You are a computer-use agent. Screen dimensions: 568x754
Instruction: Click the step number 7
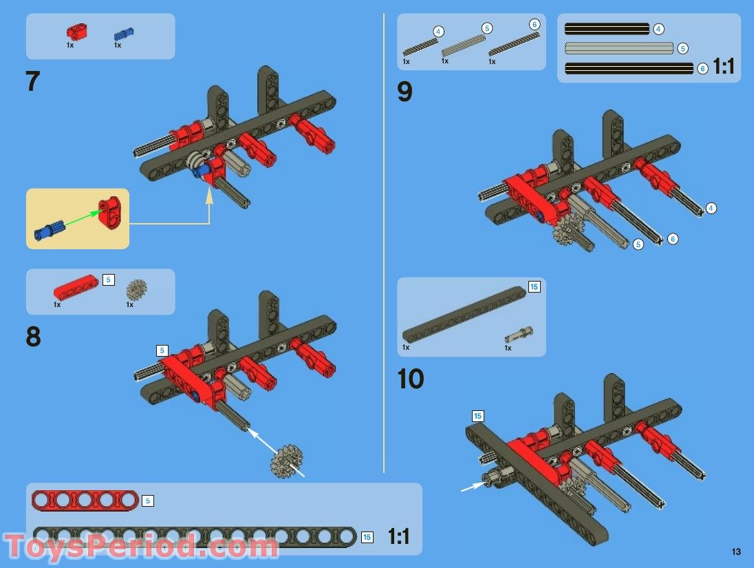pos(33,82)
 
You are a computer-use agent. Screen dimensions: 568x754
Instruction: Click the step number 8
pos(33,337)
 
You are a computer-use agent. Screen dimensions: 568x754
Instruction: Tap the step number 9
pos(405,92)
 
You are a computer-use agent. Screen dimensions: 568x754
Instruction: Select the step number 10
pos(411,379)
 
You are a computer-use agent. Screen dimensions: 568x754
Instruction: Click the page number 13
pos(736,551)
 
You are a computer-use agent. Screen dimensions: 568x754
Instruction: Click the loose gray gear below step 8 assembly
pos(287,459)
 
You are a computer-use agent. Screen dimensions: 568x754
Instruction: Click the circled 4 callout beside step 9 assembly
pos(711,208)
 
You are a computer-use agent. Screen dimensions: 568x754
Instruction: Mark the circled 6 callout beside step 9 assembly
pos(673,239)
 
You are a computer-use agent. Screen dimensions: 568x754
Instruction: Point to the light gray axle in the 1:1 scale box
pos(618,48)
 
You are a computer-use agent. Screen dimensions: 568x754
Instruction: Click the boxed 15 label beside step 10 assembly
pos(477,416)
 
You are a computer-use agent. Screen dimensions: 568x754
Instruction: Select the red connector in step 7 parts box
pos(76,31)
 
